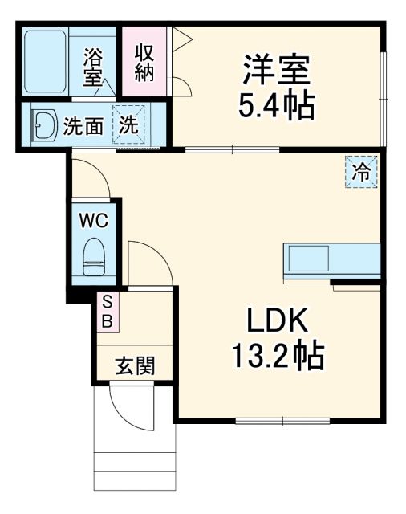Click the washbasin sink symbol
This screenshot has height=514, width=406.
[x=42, y=125]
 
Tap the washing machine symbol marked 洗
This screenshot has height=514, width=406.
[x=128, y=125]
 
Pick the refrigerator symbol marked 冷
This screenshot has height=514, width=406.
[x=362, y=171]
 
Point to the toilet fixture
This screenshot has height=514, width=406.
[x=94, y=255]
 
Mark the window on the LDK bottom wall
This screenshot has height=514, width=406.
[x=282, y=420]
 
